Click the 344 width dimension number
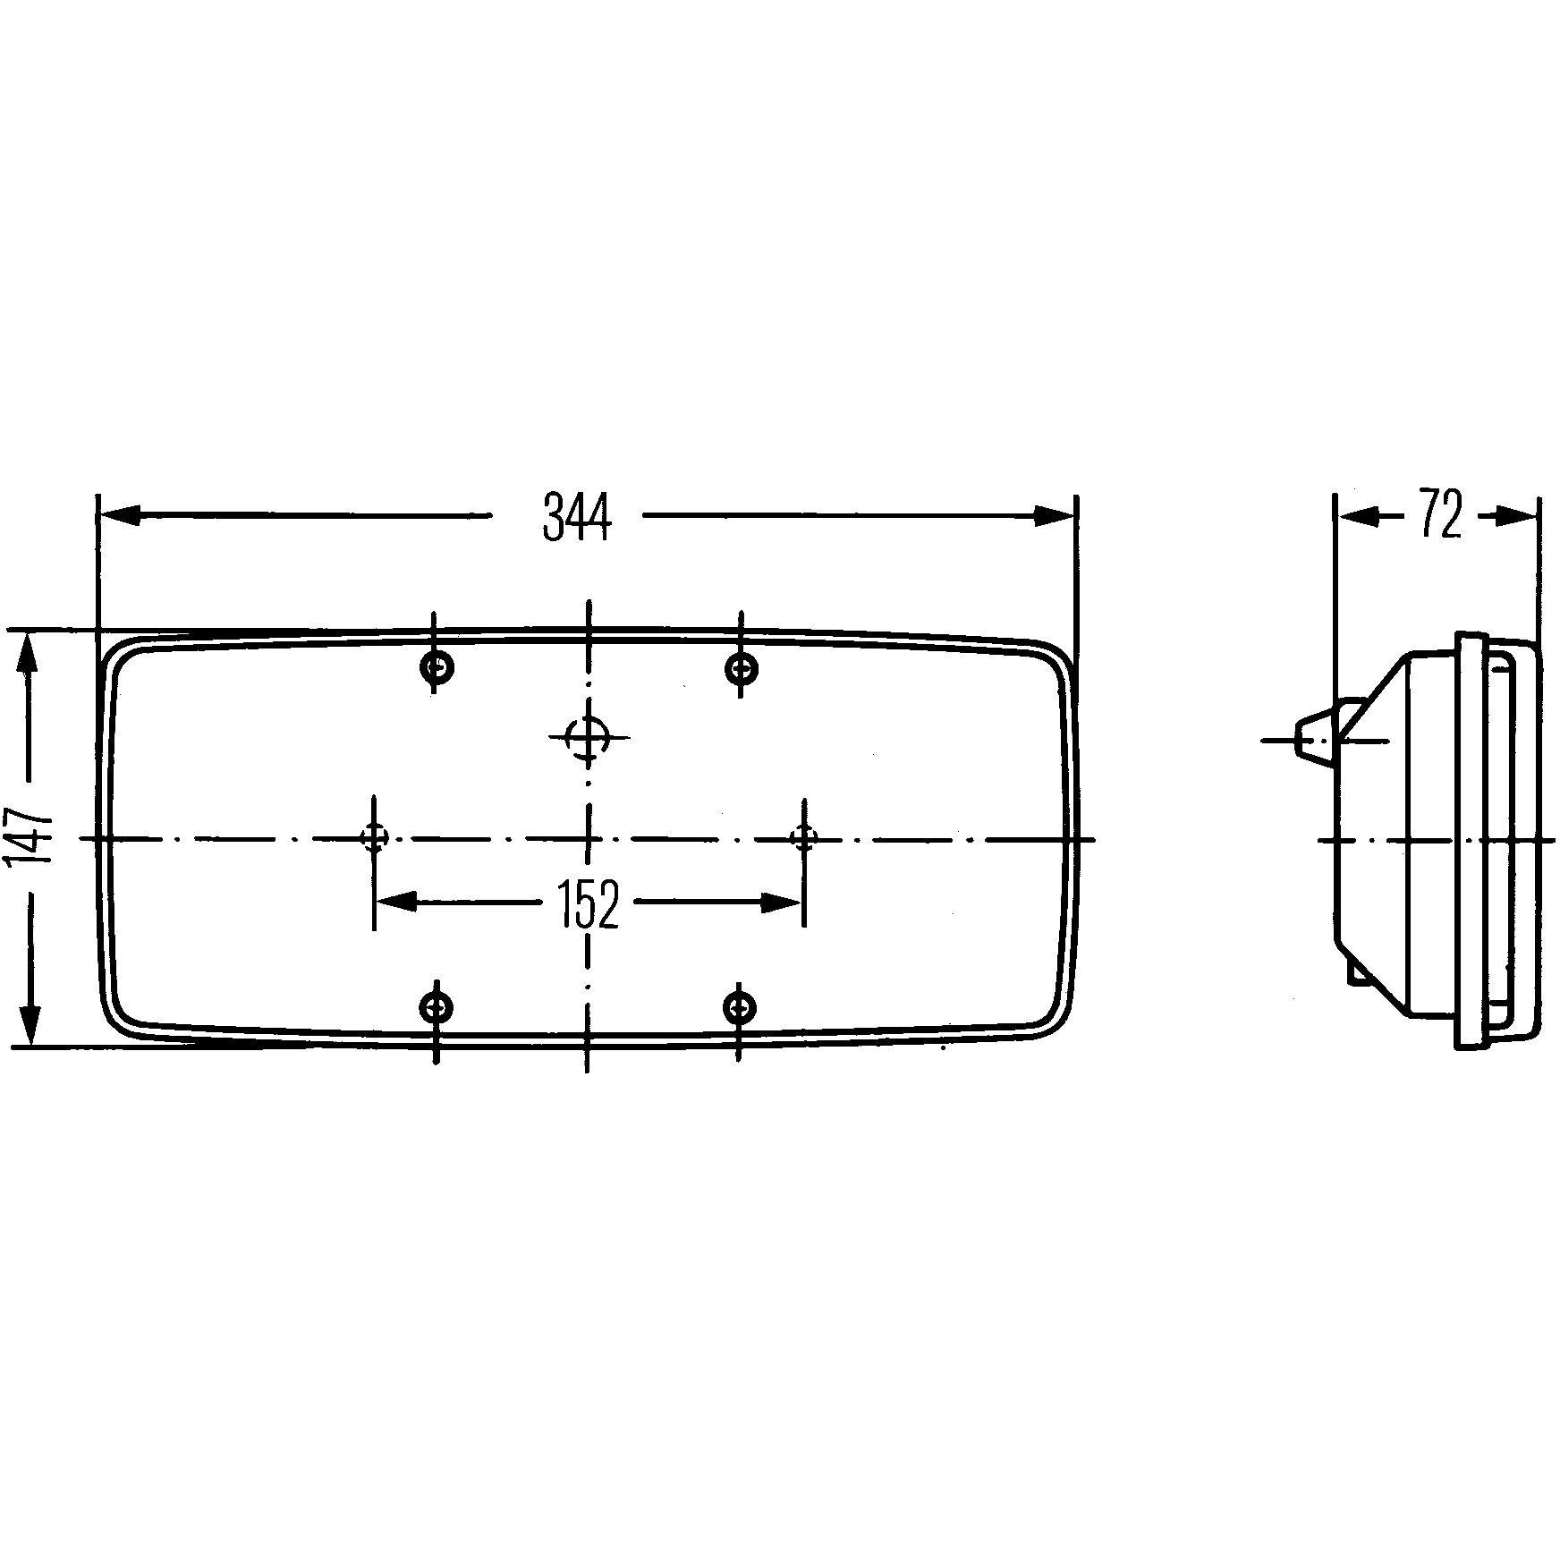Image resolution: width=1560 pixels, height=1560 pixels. (x=576, y=517)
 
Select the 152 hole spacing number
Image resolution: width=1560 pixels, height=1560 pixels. (x=587, y=904)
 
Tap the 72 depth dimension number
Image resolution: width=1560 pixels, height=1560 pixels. (x=1440, y=515)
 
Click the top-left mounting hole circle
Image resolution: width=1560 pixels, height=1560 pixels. (x=437, y=666)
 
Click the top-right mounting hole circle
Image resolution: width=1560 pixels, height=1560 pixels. (x=741, y=667)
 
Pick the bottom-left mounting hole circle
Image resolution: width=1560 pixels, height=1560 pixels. (x=436, y=1008)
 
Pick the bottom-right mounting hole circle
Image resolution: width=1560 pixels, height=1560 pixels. (x=738, y=1008)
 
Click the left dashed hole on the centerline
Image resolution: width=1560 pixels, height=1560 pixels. (x=374, y=838)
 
